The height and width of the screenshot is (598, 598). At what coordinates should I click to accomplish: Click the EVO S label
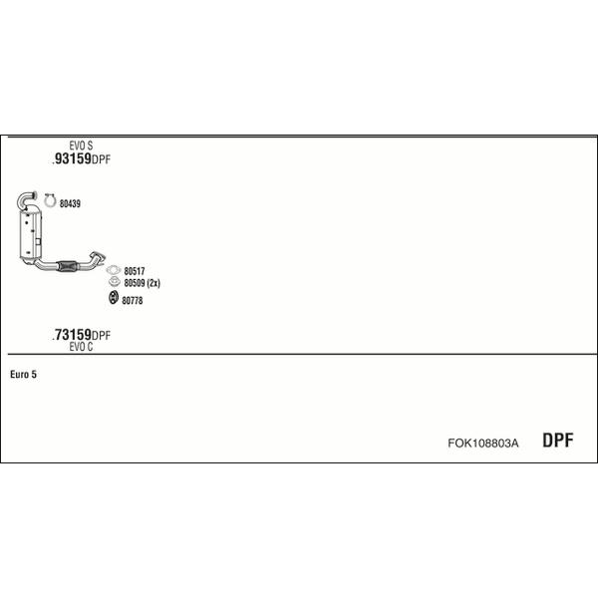pyautogui.click(x=81, y=146)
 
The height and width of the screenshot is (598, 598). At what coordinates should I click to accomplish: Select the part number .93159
pyautogui.click(x=72, y=158)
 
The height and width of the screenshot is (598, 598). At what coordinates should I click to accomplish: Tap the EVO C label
pyautogui.click(x=81, y=347)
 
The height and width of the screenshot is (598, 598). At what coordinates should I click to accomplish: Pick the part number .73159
pyautogui.click(x=72, y=335)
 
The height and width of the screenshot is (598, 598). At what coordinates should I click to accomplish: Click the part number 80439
pyautogui.click(x=70, y=203)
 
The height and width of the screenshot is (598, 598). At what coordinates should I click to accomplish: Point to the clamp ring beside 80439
pyautogui.click(x=50, y=200)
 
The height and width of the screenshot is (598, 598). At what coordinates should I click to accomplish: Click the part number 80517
pyautogui.click(x=135, y=271)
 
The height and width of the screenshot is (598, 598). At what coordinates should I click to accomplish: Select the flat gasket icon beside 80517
pyautogui.click(x=114, y=270)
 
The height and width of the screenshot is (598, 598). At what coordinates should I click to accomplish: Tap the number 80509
pyautogui.click(x=135, y=283)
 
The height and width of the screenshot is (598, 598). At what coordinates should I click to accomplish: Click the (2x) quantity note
pyautogui.click(x=153, y=283)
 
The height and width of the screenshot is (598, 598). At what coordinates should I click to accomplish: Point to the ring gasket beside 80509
pyautogui.click(x=114, y=282)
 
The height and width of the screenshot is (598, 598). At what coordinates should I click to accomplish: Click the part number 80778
pyautogui.click(x=132, y=301)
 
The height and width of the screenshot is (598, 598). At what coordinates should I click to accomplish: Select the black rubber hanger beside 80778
pyautogui.click(x=114, y=297)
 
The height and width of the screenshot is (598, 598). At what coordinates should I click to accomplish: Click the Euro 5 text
pyautogui.click(x=23, y=375)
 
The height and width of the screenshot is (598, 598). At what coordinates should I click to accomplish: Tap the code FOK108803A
pyautogui.click(x=482, y=444)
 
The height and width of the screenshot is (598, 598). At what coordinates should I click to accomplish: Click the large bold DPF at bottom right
pyautogui.click(x=557, y=441)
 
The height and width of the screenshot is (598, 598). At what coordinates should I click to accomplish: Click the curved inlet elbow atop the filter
pyautogui.click(x=25, y=199)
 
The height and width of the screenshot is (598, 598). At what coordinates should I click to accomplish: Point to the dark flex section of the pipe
pyautogui.click(x=67, y=266)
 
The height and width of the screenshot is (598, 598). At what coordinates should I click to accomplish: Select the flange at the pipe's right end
pyautogui.click(x=97, y=257)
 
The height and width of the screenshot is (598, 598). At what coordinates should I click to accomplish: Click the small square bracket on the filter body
pyautogui.click(x=38, y=242)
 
